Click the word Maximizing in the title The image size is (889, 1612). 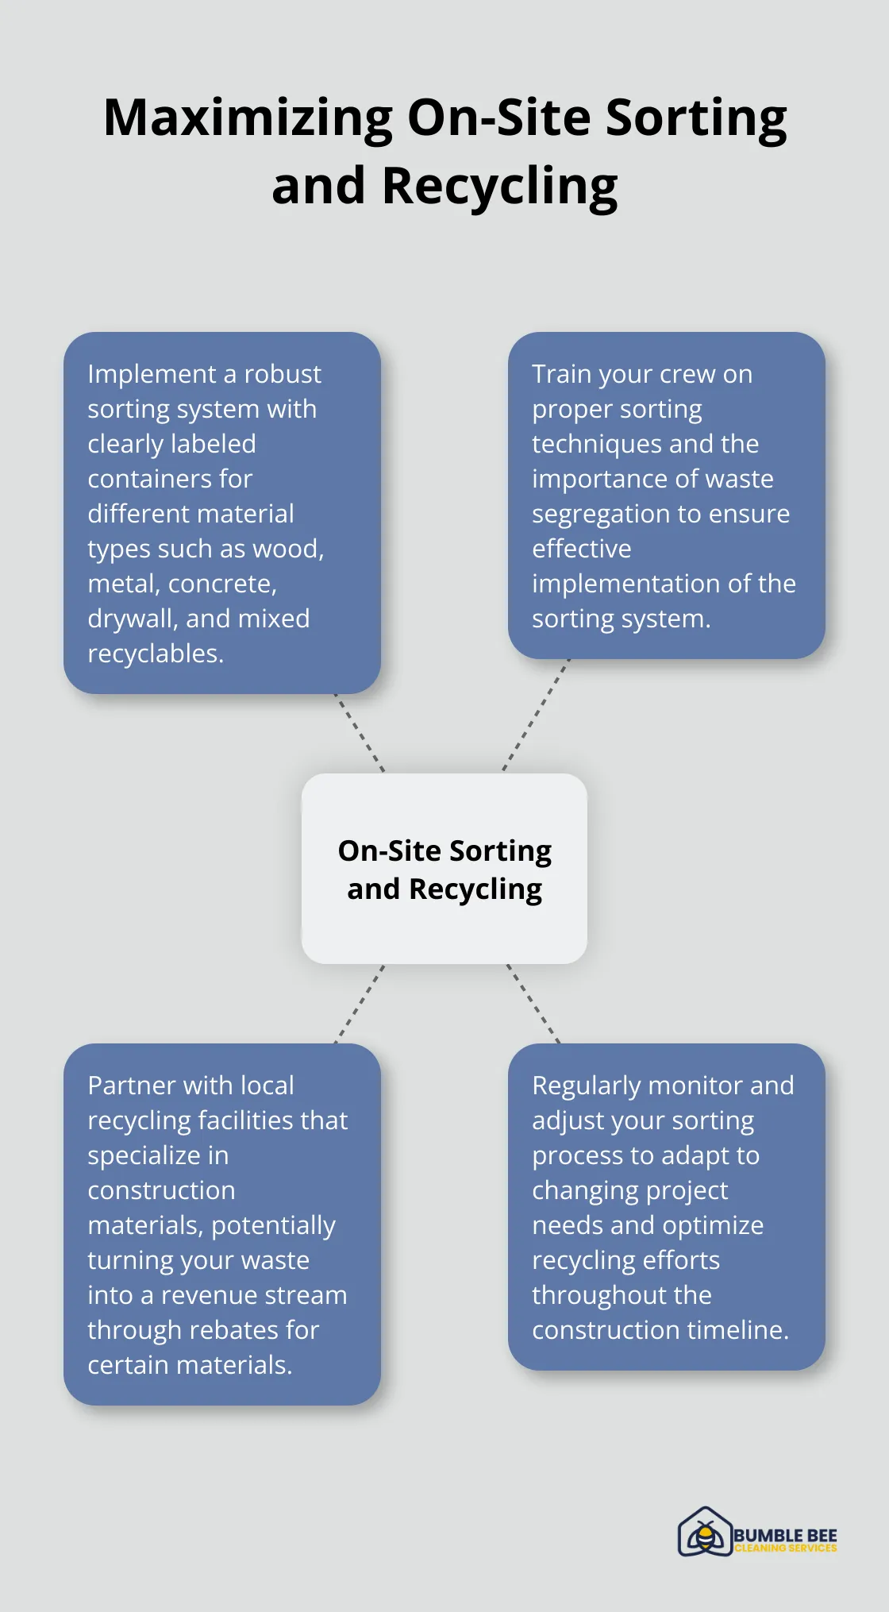248,118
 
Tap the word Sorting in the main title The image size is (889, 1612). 696,118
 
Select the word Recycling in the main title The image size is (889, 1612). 499,187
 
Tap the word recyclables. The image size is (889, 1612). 156,654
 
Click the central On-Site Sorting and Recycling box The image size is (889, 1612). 444,869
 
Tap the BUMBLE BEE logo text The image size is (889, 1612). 785,1535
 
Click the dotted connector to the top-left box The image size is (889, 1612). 360,733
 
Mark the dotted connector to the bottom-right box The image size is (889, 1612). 533,1004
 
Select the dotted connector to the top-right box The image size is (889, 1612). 537,715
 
